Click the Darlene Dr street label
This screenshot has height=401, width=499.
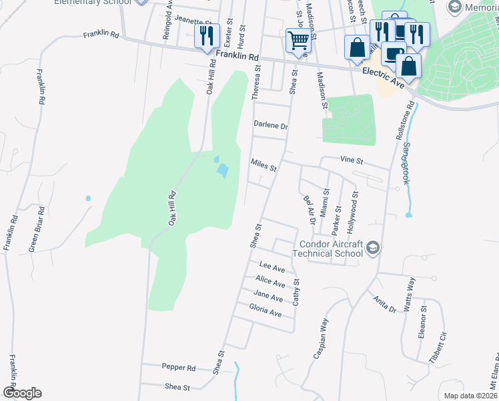270,126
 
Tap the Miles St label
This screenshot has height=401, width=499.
263,164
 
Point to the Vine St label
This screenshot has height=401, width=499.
351,161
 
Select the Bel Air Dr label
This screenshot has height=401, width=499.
308,209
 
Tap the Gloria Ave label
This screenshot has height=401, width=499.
265,309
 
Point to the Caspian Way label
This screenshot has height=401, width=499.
320,338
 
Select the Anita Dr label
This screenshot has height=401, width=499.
385,304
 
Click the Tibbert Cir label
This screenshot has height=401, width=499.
438,346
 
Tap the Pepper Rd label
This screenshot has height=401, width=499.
178,368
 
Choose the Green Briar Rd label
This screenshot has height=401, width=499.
36,229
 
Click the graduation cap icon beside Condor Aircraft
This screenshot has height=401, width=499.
373,249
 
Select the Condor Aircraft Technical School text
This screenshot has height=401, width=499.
330,249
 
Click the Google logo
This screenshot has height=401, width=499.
22,393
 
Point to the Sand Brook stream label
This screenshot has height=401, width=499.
404,164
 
